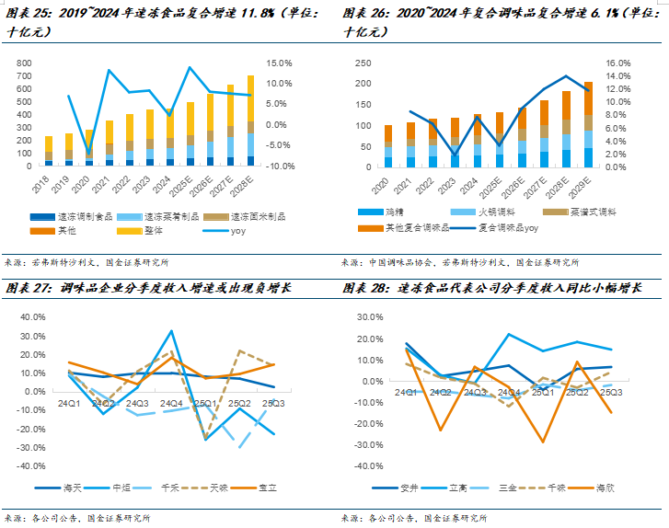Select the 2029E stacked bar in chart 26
[x=614, y=124]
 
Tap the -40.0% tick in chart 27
[x=31, y=465]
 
